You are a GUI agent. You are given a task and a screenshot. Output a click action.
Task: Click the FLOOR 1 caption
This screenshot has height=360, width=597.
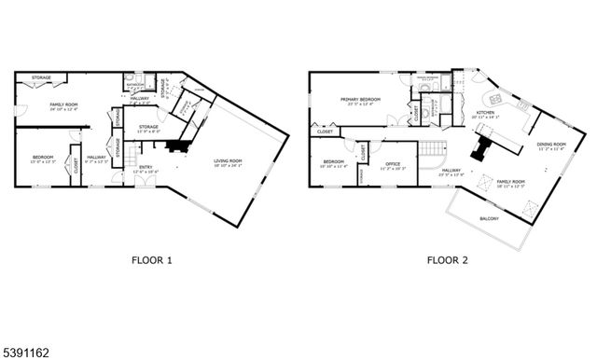pos(150,260)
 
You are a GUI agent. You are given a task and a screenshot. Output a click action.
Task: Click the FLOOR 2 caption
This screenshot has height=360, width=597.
pos(448,260)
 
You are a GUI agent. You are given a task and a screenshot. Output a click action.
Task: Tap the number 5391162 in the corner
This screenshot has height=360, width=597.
pos(23,352)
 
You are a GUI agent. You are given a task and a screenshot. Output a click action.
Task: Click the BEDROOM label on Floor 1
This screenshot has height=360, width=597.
pos(43,157)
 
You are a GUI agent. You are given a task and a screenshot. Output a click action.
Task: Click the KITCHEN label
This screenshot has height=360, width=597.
pos(485,113)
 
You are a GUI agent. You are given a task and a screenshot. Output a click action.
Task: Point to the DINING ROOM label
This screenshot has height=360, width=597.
pos(551,145)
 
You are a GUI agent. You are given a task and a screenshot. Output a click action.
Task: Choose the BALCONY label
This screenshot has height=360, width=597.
pos(489,219)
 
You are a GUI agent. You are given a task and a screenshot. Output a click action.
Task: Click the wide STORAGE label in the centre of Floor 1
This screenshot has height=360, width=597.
pos(148,126)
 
